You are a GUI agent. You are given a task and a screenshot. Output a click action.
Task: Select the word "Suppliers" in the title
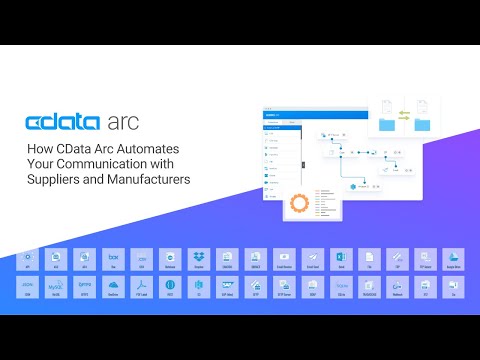(51, 180)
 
